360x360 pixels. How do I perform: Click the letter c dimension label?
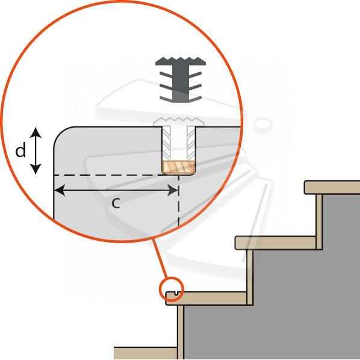click(116, 203)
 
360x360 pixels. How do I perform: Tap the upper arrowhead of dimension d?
click(36, 132)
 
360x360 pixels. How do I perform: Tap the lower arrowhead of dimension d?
click(36, 169)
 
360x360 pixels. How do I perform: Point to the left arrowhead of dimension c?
click(60, 190)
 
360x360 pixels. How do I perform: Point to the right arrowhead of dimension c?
click(173, 190)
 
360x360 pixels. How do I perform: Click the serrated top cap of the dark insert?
click(181, 61)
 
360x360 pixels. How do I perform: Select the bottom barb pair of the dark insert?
click(181, 99)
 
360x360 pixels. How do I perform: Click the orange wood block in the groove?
click(179, 167)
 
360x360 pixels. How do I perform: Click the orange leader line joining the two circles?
click(161, 258)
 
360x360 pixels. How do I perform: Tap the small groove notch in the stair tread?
click(176, 293)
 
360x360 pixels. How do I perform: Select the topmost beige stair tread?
click(332, 188)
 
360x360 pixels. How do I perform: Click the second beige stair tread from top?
click(275, 243)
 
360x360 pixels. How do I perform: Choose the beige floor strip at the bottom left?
click(146, 353)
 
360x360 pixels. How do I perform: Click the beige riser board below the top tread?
click(319, 222)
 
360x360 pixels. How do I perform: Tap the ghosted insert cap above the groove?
click(179, 121)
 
